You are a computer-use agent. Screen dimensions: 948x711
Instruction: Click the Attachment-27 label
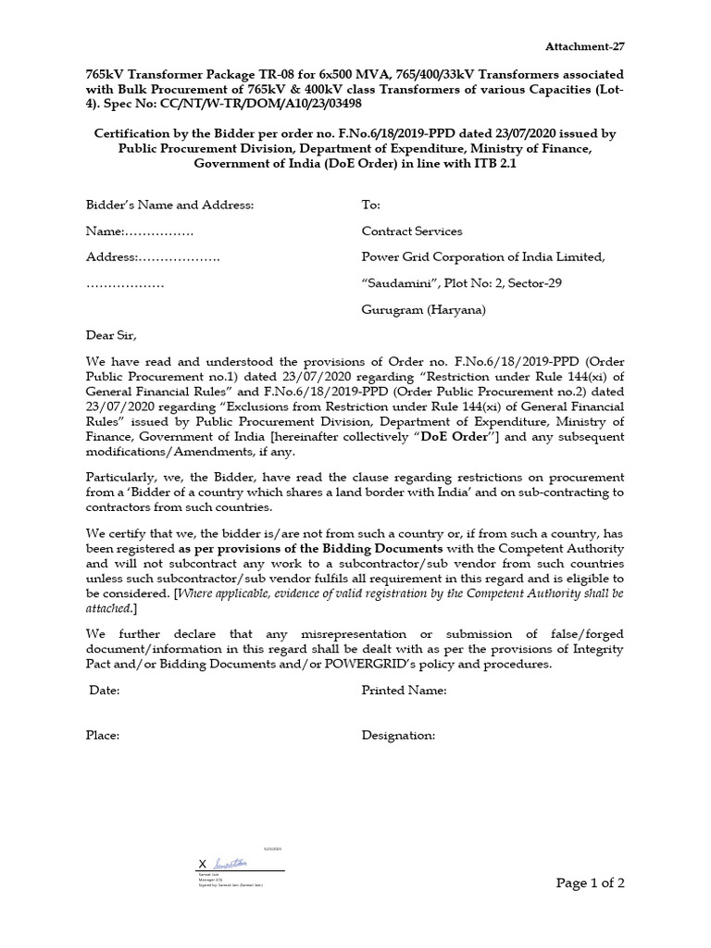(x=591, y=45)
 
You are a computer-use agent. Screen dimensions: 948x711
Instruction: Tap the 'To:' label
(x=370, y=205)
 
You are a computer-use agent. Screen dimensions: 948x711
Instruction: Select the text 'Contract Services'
(x=411, y=231)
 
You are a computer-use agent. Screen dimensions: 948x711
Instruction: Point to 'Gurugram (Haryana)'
(x=422, y=309)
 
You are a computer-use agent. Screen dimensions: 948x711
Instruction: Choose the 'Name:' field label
(x=105, y=231)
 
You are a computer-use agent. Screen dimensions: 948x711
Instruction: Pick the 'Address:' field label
(x=112, y=256)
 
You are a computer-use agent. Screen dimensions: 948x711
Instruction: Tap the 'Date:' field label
(x=105, y=690)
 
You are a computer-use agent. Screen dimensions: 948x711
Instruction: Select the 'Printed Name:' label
(x=405, y=690)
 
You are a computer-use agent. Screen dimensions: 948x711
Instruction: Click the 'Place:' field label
(x=104, y=735)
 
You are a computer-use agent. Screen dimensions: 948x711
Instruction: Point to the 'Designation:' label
(x=398, y=735)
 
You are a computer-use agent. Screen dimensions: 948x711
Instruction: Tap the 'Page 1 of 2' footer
(x=591, y=883)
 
